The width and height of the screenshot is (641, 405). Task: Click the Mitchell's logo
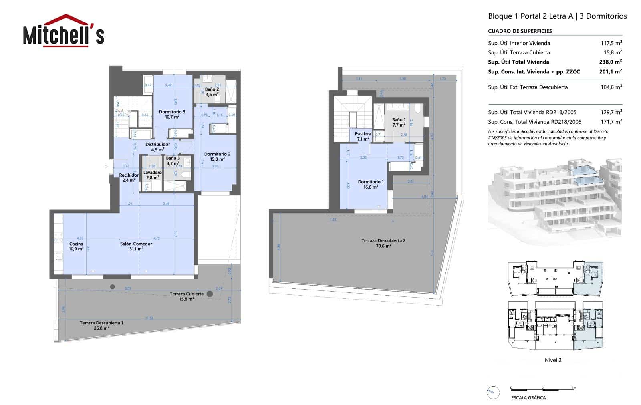pyautogui.click(x=63, y=31)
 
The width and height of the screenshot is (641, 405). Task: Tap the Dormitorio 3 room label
pyautogui.click(x=172, y=114)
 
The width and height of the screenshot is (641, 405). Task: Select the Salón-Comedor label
pyautogui.click(x=136, y=246)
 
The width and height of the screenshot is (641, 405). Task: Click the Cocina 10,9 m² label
pyautogui.click(x=76, y=246)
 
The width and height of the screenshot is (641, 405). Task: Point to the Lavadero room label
pyautogui.click(x=153, y=175)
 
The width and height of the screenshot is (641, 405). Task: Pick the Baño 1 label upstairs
pyautogui.click(x=399, y=122)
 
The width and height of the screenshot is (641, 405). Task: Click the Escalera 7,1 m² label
pyautogui.click(x=363, y=137)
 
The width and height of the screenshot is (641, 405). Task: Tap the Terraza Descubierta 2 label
pyautogui.click(x=383, y=243)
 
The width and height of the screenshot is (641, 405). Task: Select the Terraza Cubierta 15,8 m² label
pyautogui.click(x=186, y=296)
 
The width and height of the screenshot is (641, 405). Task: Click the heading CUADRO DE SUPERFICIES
pyautogui.click(x=520, y=31)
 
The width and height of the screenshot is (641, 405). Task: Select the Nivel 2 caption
pyautogui.click(x=553, y=360)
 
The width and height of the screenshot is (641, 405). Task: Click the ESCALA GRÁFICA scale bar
pyautogui.click(x=543, y=388)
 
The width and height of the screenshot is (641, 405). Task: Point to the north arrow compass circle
pyautogui.click(x=493, y=393)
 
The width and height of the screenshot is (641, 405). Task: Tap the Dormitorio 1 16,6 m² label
pyautogui.click(x=371, y=184)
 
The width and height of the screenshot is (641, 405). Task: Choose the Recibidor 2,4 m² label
pyautogui.click(x=129, y=177)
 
